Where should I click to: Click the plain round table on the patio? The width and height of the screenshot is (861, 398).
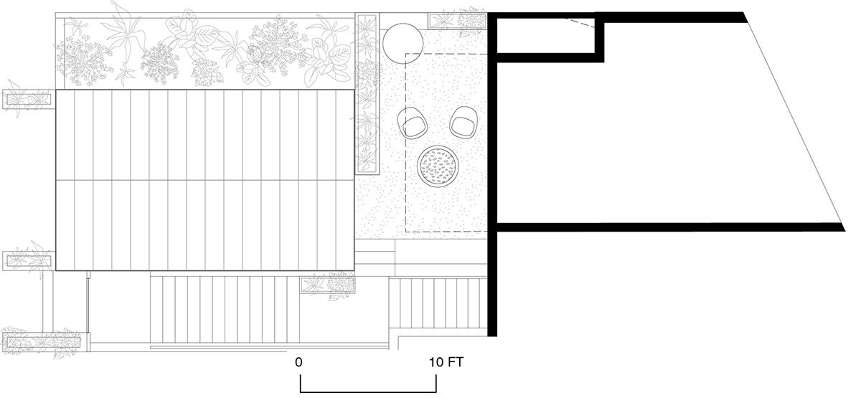click(x=403, y=44)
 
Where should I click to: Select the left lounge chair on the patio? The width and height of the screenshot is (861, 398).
click(x=413, y=123)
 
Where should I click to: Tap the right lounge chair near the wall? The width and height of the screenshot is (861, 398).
click(x=464, y=122)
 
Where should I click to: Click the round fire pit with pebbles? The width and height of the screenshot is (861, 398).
click(x=438, y=166)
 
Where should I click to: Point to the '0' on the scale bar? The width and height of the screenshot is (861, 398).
click(x=298, y=362)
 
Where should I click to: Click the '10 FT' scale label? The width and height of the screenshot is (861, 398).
click(x=446, y=362)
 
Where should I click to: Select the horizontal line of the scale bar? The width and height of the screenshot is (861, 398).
click(x=368, y=392)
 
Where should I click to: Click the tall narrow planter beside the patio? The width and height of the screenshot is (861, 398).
click(x=367, y=94)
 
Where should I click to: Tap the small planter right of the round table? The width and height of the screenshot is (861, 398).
click(x=458, y=21)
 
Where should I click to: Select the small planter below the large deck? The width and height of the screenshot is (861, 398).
click(x=327, y=285)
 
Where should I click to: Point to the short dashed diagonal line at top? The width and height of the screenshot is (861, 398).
click(x=580, y=23)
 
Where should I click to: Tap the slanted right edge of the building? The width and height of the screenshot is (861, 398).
click(x=794, y=122)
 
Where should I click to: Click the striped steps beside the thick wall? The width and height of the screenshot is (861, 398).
click(x=438, y=303)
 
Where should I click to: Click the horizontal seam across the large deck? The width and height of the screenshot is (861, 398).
click(x=205, y=180)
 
